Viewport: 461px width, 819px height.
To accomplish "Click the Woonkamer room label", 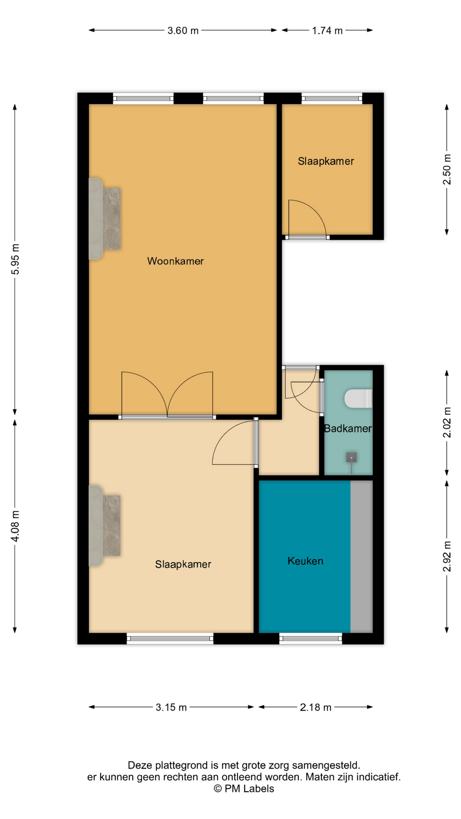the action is point(175,261).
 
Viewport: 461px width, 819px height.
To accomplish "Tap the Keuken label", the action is point(305,561).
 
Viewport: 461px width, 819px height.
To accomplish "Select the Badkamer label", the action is point(348,429).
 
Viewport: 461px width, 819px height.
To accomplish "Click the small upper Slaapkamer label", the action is point(326,161).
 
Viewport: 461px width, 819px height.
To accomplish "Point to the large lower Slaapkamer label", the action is point(183,564).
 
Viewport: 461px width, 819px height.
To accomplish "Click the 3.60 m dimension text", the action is point(183,31).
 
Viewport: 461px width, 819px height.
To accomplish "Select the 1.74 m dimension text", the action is point(327,31).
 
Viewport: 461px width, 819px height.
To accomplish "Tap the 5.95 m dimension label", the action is point(15,259).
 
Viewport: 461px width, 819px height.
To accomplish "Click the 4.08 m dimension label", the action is point(15,526).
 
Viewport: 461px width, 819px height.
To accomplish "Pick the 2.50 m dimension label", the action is point(447,169).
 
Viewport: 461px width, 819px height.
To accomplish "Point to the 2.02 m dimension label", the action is point(447,423).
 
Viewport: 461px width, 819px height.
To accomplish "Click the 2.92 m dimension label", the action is point(447,556).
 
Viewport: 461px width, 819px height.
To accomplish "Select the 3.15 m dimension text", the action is point(171,707).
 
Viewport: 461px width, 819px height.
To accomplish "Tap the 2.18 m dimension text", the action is point(315,707).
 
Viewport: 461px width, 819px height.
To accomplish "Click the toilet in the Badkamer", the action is point(359,398).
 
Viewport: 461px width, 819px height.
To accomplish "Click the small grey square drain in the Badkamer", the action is point(351,458).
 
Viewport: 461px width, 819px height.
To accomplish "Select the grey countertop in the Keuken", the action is point(362,557).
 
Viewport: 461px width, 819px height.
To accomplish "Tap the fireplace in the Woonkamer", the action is point(104,219).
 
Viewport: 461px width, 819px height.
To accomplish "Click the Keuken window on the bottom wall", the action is point(311,639).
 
